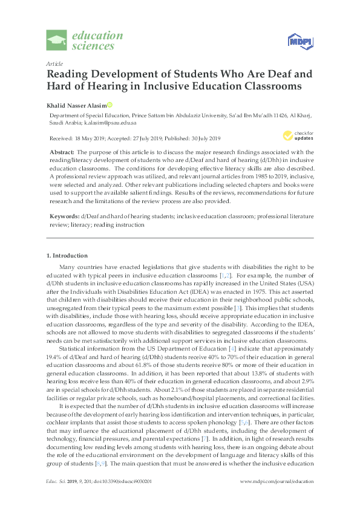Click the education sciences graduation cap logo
(x=57, y=41)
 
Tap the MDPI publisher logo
(x=299, y=41)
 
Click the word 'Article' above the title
(x=54, y=63)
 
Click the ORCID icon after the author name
(x=110, y=105)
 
